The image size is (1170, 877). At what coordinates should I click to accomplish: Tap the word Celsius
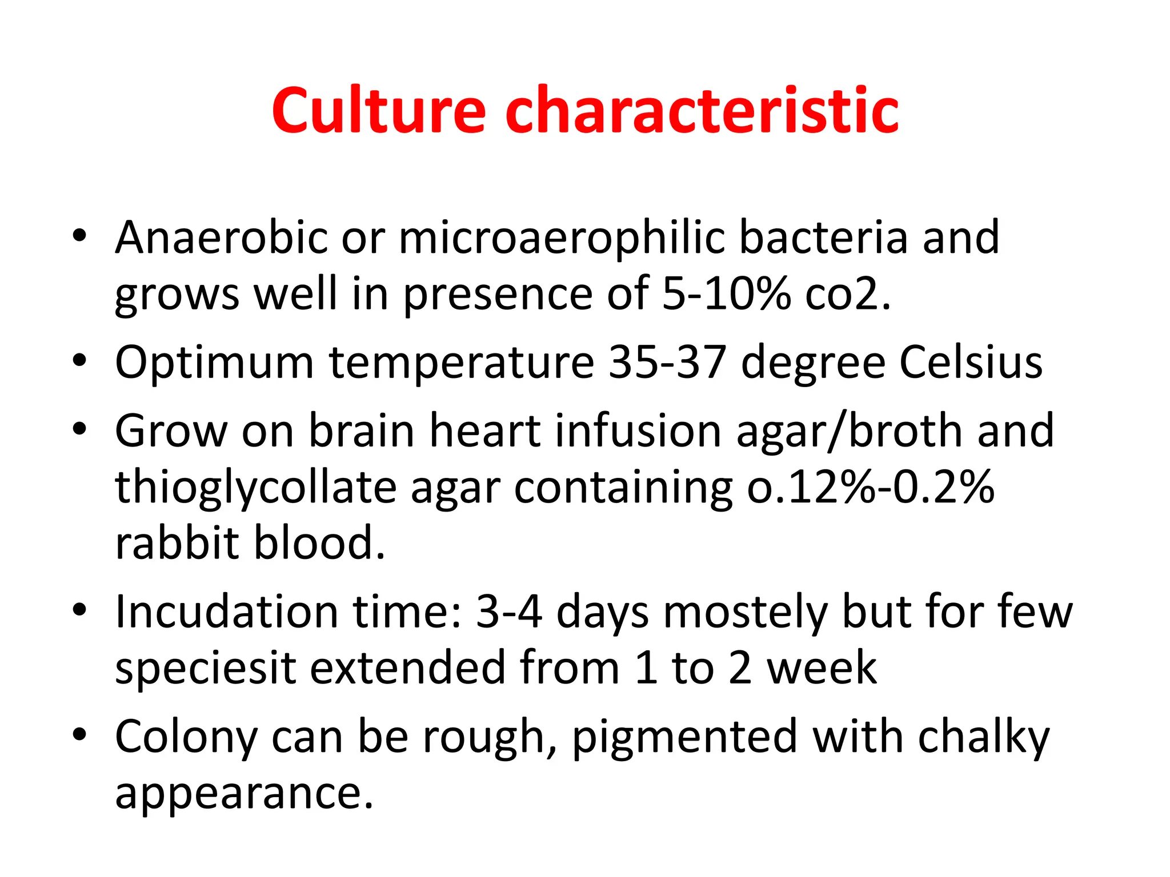pyautogui.click(x=971, y=362)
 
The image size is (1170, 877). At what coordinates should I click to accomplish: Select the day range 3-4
pyautogui.click(x=508, y=612)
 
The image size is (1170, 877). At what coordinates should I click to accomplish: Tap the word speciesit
pyautogui.click(x=206, y=667)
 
